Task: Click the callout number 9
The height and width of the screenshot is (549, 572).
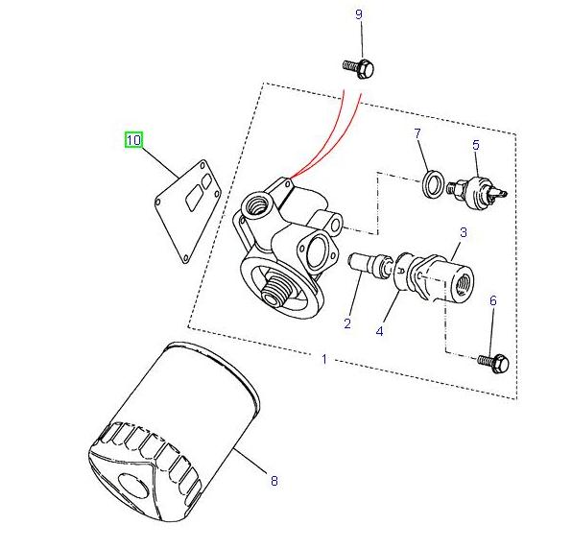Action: [359, 14]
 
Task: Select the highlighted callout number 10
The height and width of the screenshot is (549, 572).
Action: [133, 140]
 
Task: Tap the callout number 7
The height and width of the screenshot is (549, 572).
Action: [418, 132]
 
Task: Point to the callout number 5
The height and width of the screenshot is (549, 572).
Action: [474, 145]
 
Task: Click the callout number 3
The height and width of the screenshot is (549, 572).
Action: [463, 232]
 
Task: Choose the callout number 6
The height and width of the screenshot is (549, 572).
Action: [493, 301]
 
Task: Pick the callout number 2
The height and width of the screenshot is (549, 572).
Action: [347, 324]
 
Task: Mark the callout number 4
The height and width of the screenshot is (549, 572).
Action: [380, 331]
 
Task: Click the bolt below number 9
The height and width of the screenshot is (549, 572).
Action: [358, 67]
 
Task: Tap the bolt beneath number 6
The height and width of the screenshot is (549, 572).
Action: [493, 362]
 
